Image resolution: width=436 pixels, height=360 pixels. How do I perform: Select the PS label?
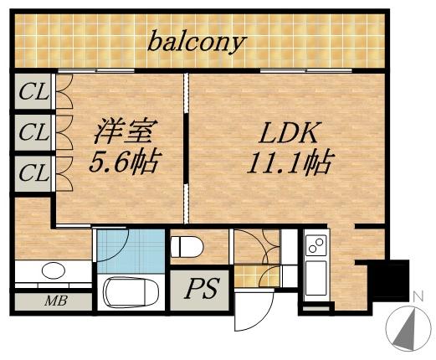201,289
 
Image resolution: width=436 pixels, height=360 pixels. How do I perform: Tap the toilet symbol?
187,246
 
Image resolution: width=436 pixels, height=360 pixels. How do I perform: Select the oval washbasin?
52,270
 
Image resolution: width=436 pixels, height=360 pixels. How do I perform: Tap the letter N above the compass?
417,296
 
